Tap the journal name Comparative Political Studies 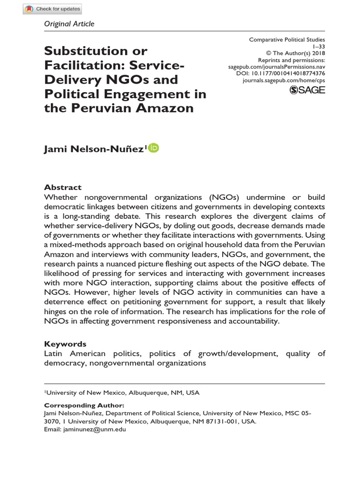[x=287, y=40]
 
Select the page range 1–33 [x=319, y=47]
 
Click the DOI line [x=282, y=74]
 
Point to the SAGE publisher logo [x=307, y=90]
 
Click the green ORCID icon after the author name [x=154, y=149]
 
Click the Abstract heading [x=63, y=187]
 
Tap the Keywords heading [x=65, y=344]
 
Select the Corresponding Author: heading [x=84, y=405]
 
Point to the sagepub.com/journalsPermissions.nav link [x=277, y=67]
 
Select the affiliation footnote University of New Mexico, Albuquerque [x=122, y=393]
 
